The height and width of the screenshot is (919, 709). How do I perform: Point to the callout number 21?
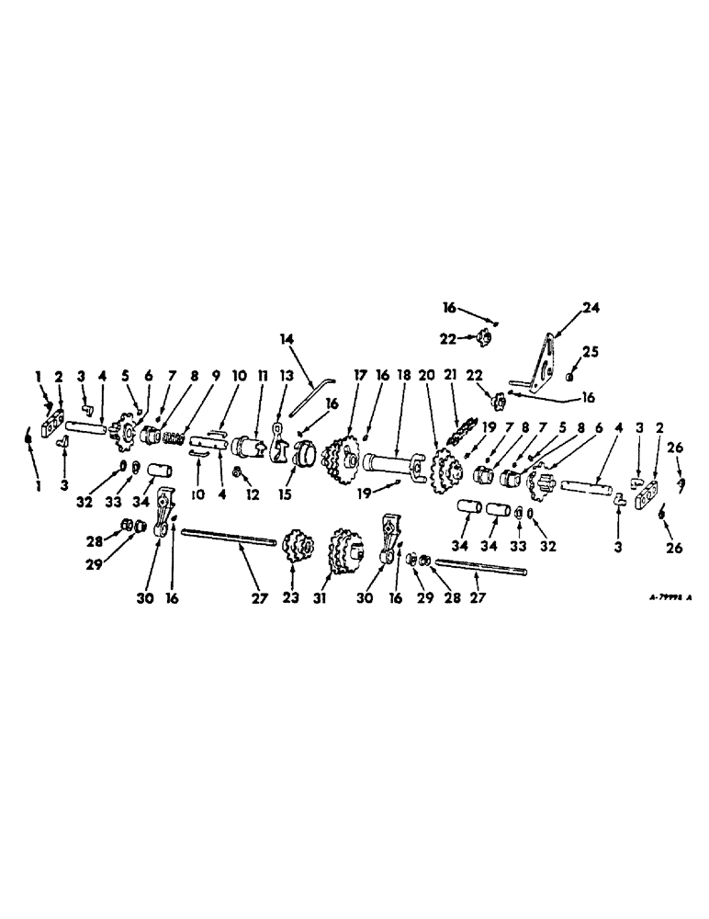[x=450, y=376]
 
